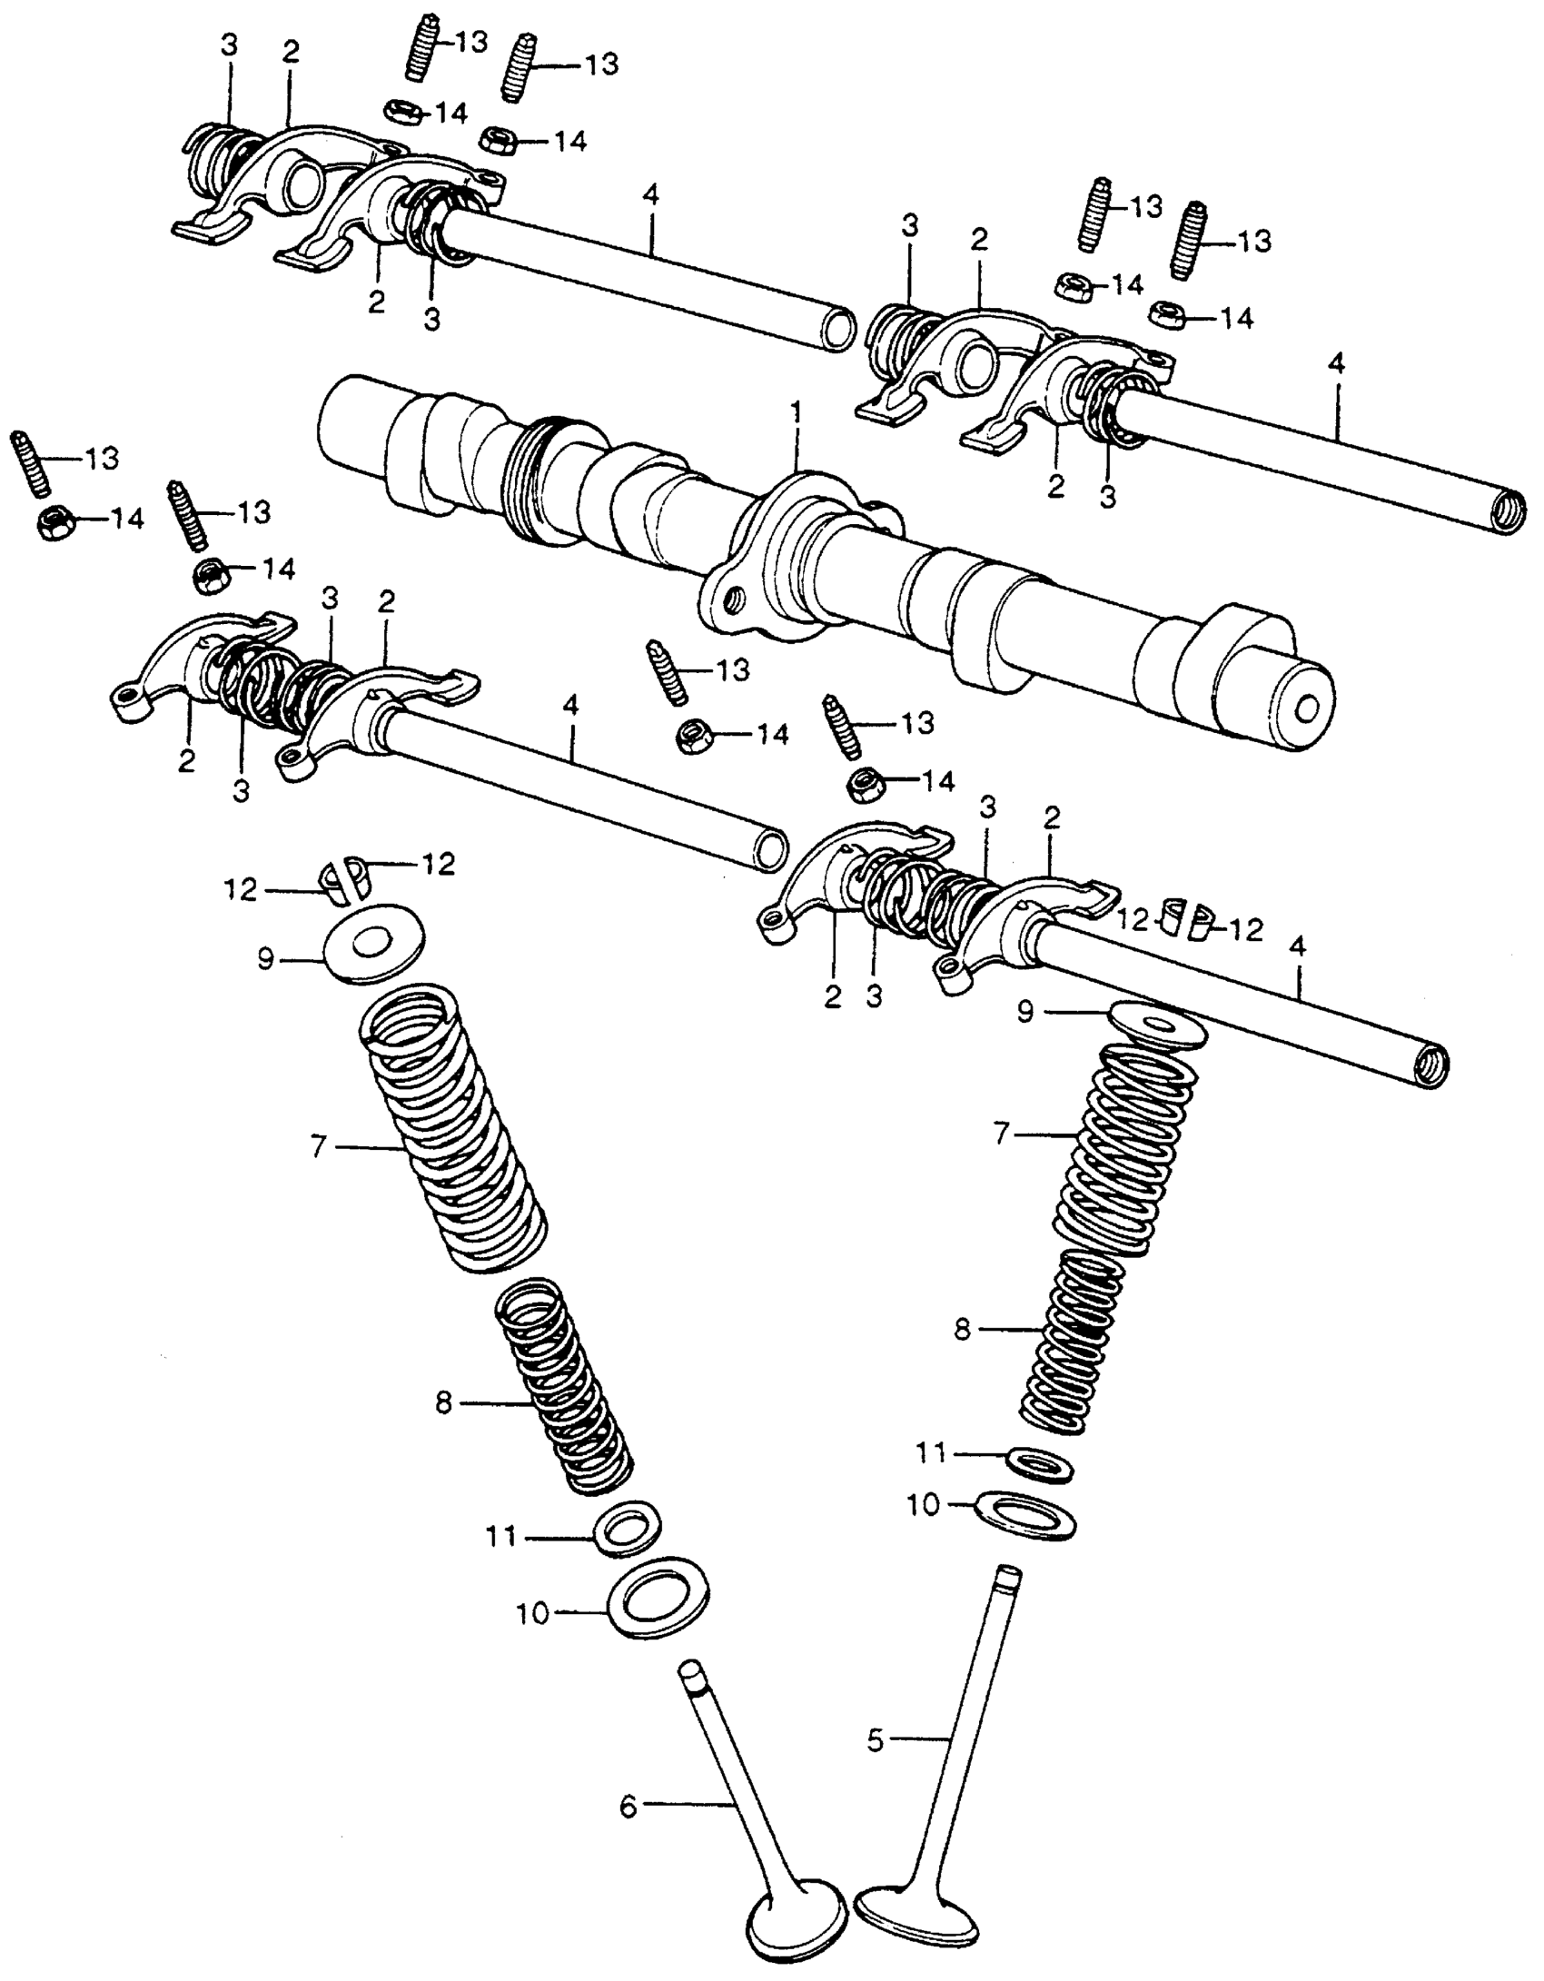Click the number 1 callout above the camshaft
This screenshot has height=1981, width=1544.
797,414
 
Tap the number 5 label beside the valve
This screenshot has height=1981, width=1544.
875,1741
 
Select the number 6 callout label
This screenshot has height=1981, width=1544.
628,1807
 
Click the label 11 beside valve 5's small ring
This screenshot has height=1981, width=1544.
931,1453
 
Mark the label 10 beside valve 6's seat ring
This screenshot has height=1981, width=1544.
534,1614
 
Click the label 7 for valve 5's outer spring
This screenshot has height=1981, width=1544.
1002,1134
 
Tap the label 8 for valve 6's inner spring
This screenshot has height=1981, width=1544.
443,1403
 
